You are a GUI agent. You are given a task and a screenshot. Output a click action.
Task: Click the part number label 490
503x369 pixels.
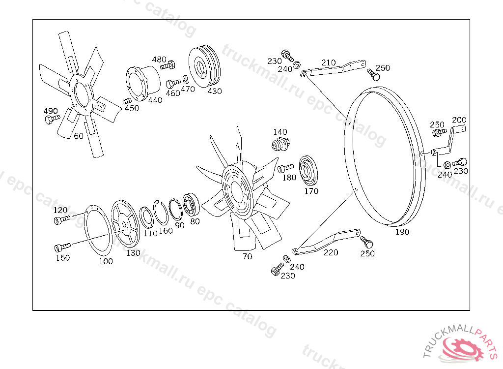51,111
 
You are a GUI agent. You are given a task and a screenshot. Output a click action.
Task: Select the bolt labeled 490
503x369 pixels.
52,120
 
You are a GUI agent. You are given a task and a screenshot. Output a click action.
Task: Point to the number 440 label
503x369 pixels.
155,100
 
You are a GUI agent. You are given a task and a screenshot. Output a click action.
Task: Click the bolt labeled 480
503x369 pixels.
168,65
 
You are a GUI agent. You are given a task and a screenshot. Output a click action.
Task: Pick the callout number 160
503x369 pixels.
166,230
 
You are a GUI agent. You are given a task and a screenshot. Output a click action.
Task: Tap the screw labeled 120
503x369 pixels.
61,219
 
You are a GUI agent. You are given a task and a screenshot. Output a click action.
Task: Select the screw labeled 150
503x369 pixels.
62,247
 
